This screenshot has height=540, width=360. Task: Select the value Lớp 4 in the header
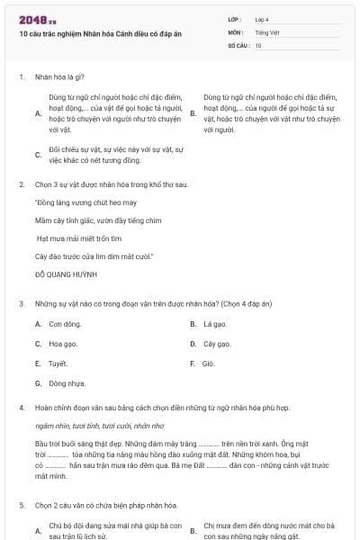coord(262,19)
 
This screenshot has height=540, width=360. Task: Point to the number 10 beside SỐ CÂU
coord(258,45)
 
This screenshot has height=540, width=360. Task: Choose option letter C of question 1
coord(38,154)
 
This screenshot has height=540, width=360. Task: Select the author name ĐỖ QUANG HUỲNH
coord(66,272)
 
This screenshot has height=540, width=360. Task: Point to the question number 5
coord(21,506)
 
